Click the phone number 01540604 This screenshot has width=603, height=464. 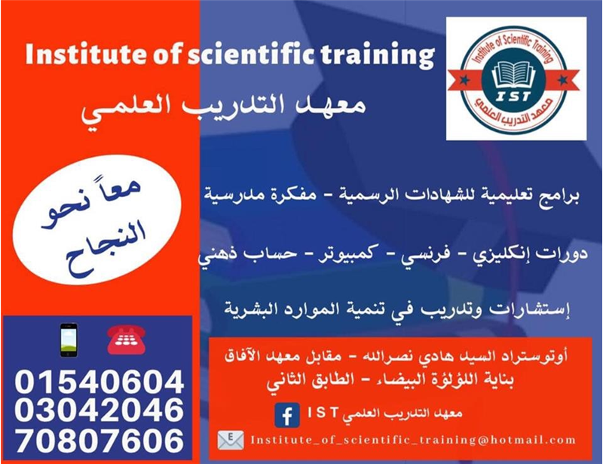(99, 382)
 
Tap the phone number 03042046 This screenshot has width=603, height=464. (99, 410)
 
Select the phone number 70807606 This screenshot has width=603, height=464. (99, 440)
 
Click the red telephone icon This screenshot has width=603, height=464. (126, 340)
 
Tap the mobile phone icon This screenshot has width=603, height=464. (69, 340)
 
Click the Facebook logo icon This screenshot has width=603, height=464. (287, 415)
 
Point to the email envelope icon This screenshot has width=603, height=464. (231, 441)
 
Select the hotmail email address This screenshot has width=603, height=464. (413, 440)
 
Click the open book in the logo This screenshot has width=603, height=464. (514, 75)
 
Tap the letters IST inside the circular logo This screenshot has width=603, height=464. (513, 97)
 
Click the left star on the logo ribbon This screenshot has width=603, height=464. (464, 80)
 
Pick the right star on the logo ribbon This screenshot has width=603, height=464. (563, 80)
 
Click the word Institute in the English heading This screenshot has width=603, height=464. (86, 54)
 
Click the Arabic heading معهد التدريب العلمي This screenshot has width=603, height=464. (223, 109)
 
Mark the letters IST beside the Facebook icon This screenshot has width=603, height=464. (323, 413)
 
